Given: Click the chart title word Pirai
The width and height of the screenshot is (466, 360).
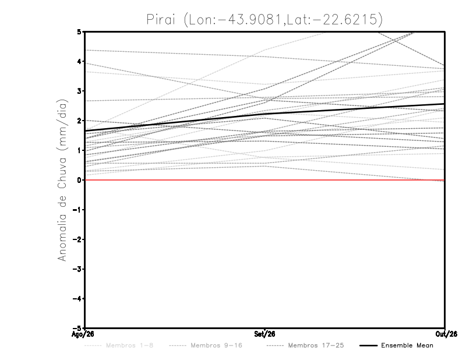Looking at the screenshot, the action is pyautogui.click(x=161, y=20).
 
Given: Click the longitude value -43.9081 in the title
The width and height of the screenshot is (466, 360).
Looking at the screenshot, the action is pyautogui.click(x=250, y=20).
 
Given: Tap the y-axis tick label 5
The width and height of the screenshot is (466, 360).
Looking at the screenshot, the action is pyautogui.click(x=79, y=31).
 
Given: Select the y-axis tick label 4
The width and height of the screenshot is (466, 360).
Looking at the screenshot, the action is pyautogui.click(x=79, y=61).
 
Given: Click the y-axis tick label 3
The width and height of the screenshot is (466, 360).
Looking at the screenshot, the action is pyautogui.click(x=79, y=91).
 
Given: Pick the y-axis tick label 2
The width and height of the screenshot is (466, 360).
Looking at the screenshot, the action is pyautogui.click(x=79, y=121).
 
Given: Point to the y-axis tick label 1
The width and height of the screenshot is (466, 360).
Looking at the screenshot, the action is pyautogui.click(x=79, y=150).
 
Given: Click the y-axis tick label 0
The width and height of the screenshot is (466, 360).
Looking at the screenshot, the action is pyautogui.click(x=79, y=180).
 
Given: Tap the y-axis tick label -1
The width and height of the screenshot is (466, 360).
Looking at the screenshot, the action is pyautogui.click(x=77, y=210).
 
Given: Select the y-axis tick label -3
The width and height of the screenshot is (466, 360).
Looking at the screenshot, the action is pyautogui.click(x=77, y=269).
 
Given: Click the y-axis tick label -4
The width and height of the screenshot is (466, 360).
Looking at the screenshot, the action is pyautogui.click(x=77, y=298).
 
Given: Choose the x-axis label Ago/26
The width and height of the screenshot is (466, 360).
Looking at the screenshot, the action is pyautogui.click(x=83, y=334).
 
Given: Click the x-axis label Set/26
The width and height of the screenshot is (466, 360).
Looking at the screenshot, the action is pyautogui.click(x=264, y=334).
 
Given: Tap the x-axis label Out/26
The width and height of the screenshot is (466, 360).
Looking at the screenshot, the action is pyautogui.click(x=446, y=334).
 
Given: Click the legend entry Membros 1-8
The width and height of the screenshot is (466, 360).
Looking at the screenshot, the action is pyautogui.click(x=129, y=345).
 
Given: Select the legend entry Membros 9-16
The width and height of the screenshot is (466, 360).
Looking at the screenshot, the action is pyautogui.click(x=216, y=345).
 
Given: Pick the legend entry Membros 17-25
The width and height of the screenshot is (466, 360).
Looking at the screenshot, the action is pyautogui.click(x=316, y=345).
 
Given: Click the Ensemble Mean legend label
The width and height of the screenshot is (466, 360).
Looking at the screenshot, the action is pyautogui.click(x=407, y=345).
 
